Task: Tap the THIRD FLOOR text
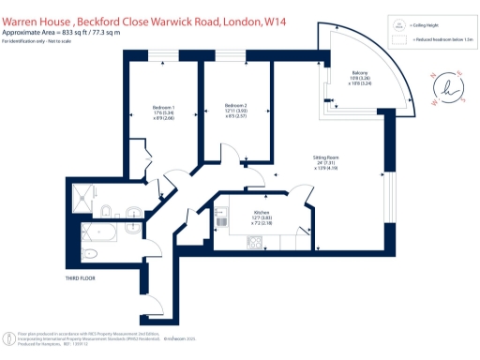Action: [x=82, y=279]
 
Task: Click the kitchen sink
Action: [x=220, y=218]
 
